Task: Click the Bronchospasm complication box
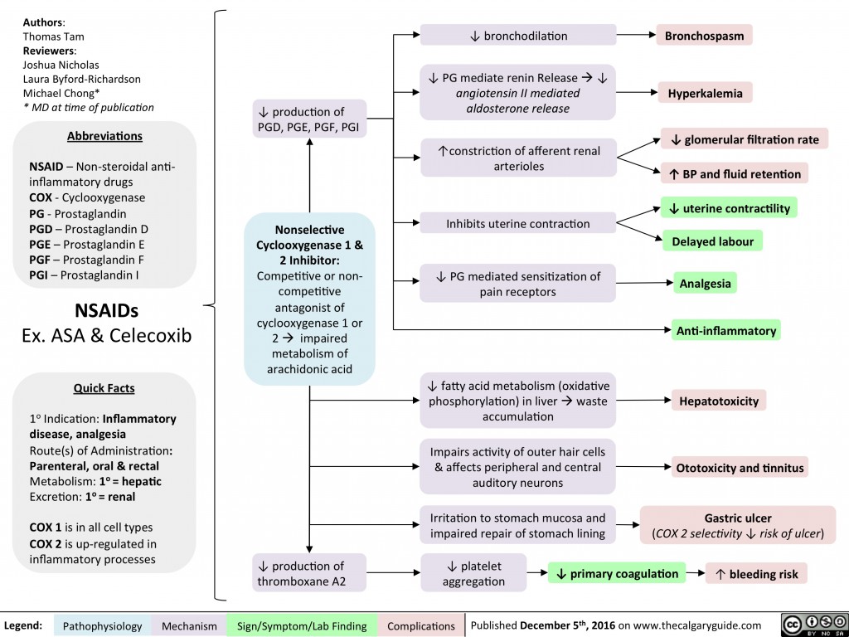pos(704,36)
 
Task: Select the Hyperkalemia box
pos(705,93)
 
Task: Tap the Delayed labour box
pos(711,241)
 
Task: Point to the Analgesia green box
pos(705,283)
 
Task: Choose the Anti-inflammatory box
pos(726,330)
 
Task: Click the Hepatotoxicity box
pos(719,401)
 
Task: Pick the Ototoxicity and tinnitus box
pos(740,468)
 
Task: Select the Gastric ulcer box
pos(737,524)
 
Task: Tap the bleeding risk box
pos(756,573)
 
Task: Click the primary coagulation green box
pos(618,573)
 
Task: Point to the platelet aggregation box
pos(473,572)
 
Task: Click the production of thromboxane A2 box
pos(310,573)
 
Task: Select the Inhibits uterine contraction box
pos(517,223)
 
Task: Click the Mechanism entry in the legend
pos(189,625)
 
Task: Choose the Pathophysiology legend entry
pos(102,625)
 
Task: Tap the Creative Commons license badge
pos(810,625)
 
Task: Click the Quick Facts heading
pos(104,387)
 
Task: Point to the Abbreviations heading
pos(104,136)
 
